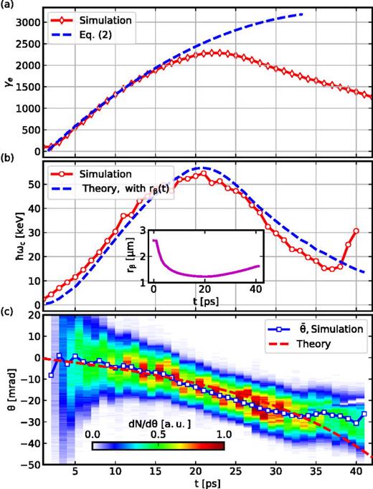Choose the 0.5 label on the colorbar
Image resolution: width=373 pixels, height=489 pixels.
(x=159, y=435)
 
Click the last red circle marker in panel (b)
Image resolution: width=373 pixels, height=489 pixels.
(x=356, y=231)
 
